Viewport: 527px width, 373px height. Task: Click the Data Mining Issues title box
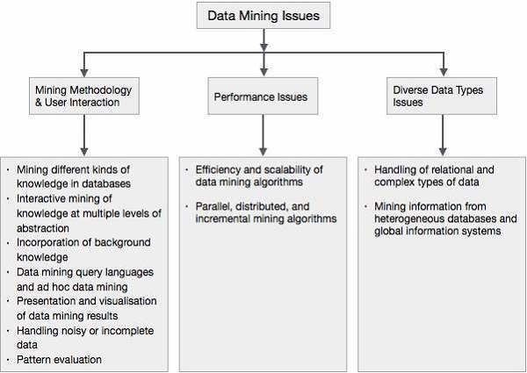click(x=262, y=16)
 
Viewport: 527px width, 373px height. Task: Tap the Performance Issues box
click(x=262, y=96)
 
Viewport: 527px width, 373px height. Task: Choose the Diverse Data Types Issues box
click(x=443, y=96)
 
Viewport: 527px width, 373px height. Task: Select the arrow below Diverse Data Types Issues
click(x=443, y=137)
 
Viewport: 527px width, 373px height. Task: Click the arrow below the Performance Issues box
click(x=262, y=137)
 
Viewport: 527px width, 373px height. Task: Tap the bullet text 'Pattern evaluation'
click(x=54, y=359)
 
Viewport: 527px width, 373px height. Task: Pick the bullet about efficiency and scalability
click(x=258, y=176)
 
